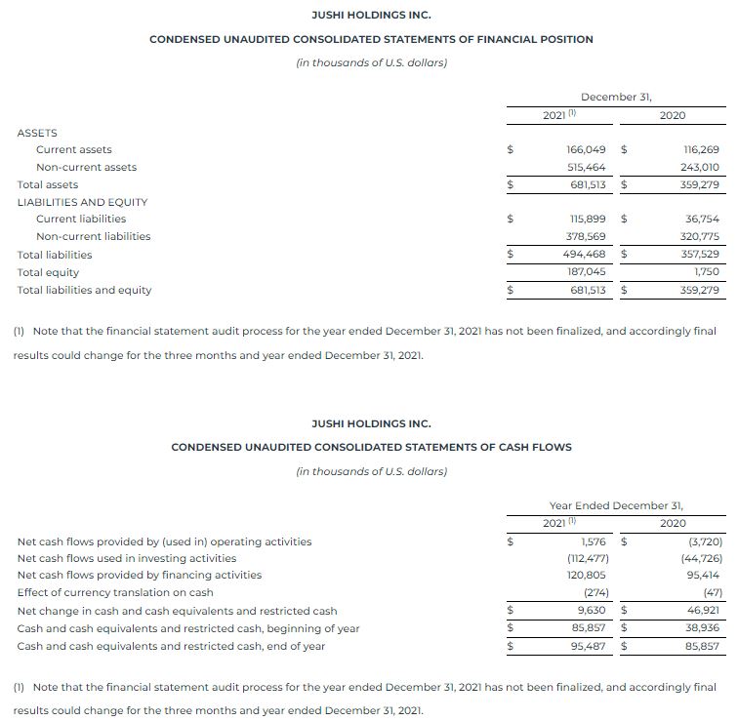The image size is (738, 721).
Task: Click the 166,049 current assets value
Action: tap(586, 149)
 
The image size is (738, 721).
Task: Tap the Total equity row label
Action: tap(48, 272)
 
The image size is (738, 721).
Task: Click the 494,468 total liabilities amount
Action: tap(585, 255)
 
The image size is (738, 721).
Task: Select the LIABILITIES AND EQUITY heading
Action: tap(82, 202)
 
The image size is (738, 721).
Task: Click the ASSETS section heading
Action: tap(37, 133)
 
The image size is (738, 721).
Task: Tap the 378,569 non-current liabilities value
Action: tap(586, 236)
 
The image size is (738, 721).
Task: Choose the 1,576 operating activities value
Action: tap(593, 541)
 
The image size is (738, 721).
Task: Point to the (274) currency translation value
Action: tap(593, 592)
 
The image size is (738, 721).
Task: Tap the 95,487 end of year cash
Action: tap(589, 646)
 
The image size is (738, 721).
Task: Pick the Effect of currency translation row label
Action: tap(115, 592)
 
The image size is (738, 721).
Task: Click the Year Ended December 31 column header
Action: tap(616, 505)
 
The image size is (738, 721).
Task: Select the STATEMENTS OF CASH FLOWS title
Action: tap(371, 447)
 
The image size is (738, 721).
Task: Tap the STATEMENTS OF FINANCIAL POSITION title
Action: tap(370, 39)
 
